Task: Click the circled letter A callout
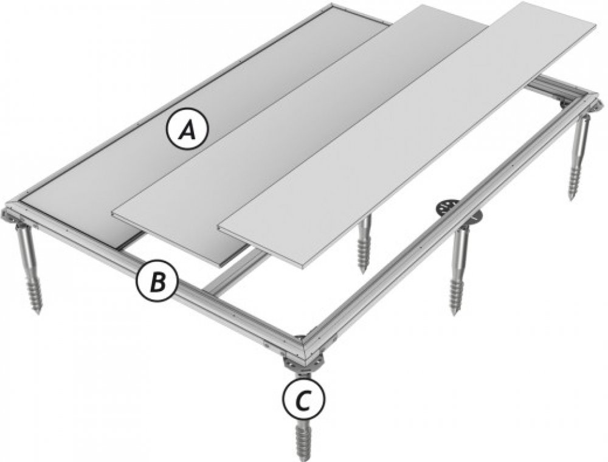187,129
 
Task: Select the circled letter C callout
303,400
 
